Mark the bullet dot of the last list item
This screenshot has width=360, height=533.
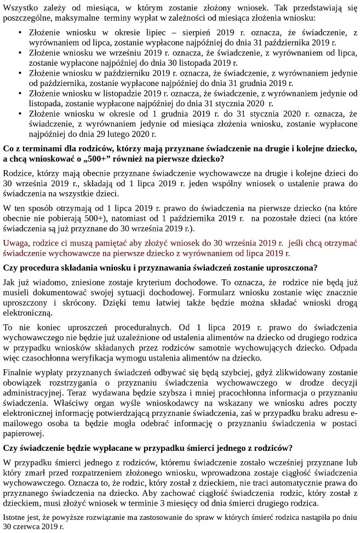click(x=20, y=114)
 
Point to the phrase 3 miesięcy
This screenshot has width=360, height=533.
click(x=192, y=503)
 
